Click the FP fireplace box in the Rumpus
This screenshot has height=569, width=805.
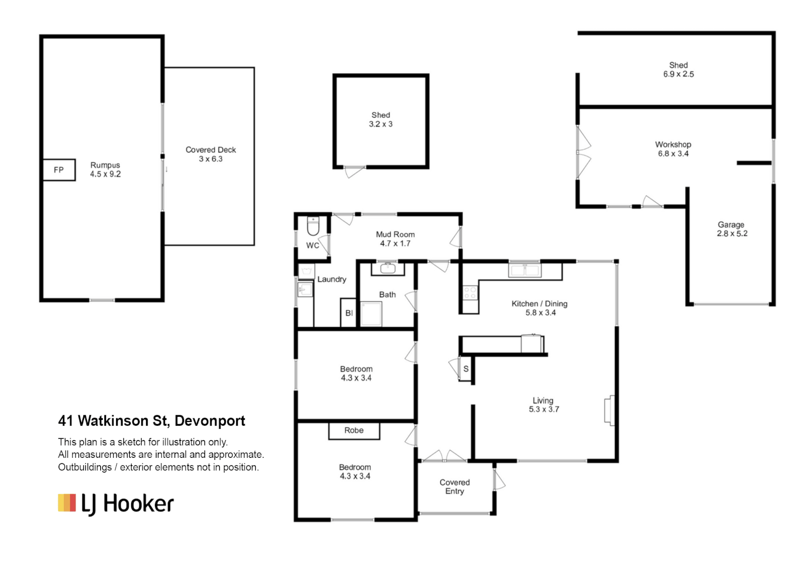59,170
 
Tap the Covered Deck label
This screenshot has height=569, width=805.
210,150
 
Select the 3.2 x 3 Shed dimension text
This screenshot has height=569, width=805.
381,124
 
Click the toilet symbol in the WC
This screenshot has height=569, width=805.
313,226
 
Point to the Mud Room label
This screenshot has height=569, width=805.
395,234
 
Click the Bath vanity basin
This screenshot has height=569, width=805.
388,268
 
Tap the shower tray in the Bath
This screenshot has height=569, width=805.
371,314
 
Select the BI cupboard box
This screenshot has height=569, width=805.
348,313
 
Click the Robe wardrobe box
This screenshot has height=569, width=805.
354,430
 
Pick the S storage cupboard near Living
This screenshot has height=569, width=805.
465,369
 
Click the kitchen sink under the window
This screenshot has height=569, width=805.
525,270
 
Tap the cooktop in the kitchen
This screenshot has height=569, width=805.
470,293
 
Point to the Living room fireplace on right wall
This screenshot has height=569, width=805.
609,410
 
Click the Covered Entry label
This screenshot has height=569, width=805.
454,487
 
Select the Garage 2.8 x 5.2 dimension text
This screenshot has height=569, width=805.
732,234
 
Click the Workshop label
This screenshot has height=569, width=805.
673,144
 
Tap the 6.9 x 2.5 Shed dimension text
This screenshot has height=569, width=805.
678,74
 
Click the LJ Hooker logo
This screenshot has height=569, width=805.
116,504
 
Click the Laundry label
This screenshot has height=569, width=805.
332,279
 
